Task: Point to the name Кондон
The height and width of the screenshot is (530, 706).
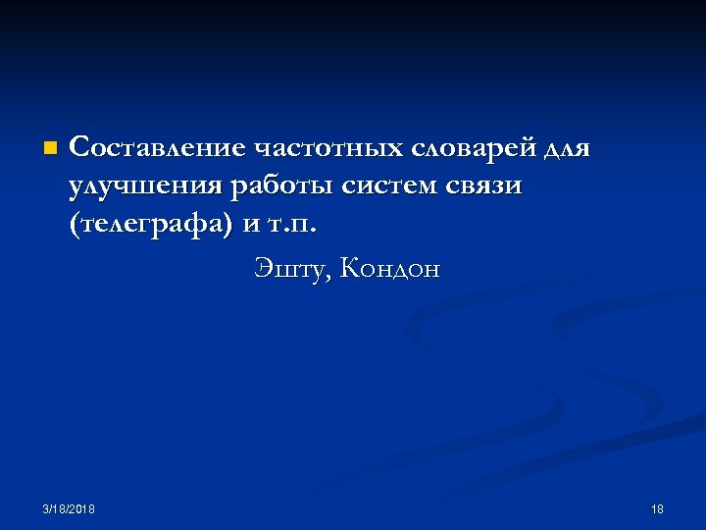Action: pyautogui.click(x=390, y=268)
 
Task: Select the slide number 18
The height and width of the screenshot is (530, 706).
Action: pyautogui.click(x=657, y=509)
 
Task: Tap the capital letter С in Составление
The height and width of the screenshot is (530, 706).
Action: pyautogui.click(x=79, y=148)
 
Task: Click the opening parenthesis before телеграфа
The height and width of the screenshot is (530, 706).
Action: pyautogui.click(x=75, y=226)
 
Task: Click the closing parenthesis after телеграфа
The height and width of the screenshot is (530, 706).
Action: pyautogui.click(x=229, y=226)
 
